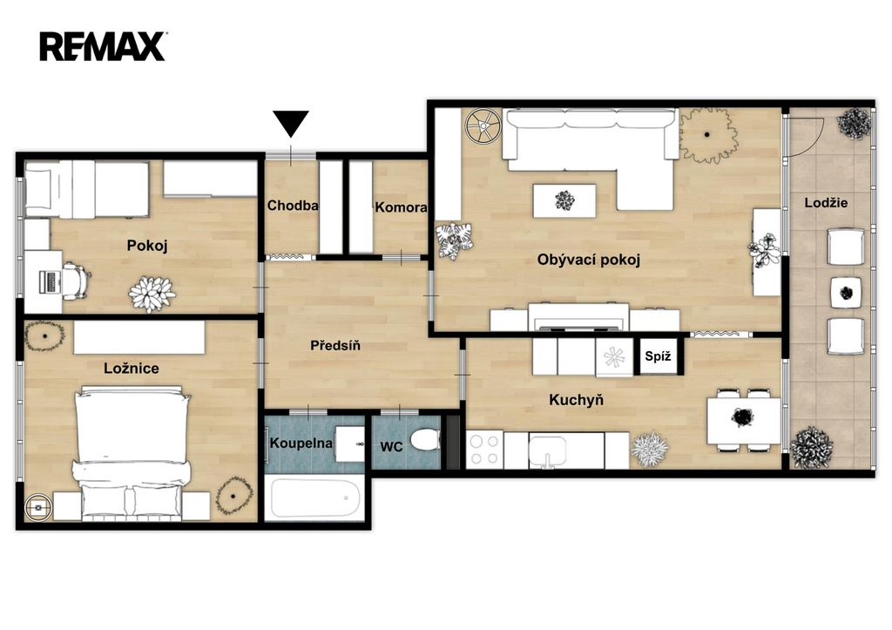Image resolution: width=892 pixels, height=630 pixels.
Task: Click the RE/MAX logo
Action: pyautogui.click(x=103, y=46)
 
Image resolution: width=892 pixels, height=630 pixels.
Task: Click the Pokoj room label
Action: pyautogui.click(x=146, y=246)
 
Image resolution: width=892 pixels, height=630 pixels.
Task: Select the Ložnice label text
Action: pyautogui.click(x=132, y=369)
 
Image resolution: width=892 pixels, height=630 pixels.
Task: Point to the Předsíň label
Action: pyautogui.click(x=335, y=345)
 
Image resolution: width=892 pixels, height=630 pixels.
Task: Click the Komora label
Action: pyautogui.click(x=401, y=207)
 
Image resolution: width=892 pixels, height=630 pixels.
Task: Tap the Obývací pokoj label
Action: pyautogui.click(x=589, y=260)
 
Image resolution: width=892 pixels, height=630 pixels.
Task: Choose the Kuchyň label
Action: pyautogui.click(x=577, y=399)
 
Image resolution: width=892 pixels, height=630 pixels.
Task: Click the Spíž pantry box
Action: pyautogui.click(x=659, y=357)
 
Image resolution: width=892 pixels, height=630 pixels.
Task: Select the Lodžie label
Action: pyautogui.click(x=826, y=203)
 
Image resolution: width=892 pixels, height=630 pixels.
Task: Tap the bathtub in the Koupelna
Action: pyautogui.click(x=315, y=498)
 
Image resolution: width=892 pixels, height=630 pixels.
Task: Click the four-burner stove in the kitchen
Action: pyautogui.click(x=484, y=450)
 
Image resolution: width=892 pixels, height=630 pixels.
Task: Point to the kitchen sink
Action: pyautogui.click(x=547, y=450)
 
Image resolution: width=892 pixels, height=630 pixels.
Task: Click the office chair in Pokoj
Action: pyautogui.click(x=76, y=281)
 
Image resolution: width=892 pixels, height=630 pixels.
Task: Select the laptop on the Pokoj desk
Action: pyautogui.click(x=50, y=282)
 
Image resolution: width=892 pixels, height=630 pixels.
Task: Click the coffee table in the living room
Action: pyautogui.click(x=564, y=200)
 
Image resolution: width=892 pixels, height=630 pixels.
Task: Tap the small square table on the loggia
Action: pyautogui.click(x=846, y=293)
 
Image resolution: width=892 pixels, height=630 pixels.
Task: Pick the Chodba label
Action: pyautogui.click(x=293, y=206)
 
